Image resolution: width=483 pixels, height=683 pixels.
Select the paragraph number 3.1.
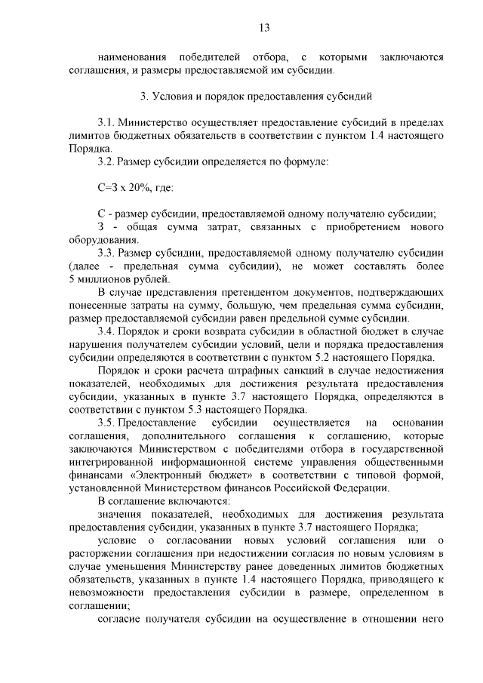[x=106, y=122]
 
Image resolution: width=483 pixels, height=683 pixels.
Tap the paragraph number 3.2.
[x=106, y=160]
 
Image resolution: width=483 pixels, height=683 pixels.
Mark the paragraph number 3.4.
[x=106, y=331]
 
